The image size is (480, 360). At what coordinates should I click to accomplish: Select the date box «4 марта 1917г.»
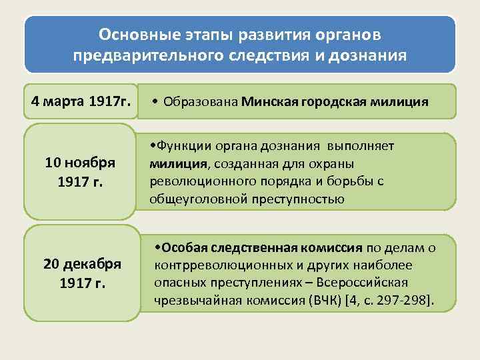[x=80, y=102]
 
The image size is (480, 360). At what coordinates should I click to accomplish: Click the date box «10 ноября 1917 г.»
[x=80, y=171]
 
